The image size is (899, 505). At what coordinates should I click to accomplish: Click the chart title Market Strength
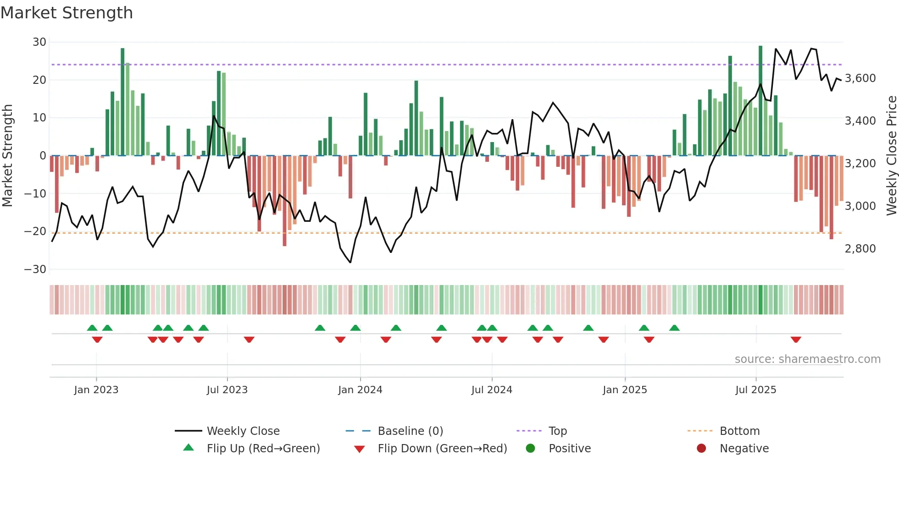coord(67,13)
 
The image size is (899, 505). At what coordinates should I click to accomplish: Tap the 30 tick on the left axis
coord(39,42)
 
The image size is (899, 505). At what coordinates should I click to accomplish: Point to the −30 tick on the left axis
coord(35,269)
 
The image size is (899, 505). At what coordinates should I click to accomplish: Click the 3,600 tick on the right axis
coord(860,78)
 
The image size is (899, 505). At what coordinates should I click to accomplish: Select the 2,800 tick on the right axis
coord(860,249)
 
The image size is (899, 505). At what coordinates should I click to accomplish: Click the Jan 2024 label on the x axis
coord(360,390)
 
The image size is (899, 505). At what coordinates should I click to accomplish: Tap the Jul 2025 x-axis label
coord(755,390)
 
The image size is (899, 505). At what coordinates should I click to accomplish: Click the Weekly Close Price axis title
coord(891,156)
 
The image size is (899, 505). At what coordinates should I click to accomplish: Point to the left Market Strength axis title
coord(7,156)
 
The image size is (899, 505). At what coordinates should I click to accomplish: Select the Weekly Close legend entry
coord(243,431)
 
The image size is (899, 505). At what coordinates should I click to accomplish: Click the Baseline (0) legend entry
coord(410,431)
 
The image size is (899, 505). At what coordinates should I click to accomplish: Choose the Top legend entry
coord(557,431)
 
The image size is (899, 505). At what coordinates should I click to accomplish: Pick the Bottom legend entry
coord(739,431)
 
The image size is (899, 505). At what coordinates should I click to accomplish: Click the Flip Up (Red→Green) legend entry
coord(263,449)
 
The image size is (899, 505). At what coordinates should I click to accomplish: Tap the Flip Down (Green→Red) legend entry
coord(442,449)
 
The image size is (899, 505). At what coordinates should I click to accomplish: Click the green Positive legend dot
coord(531,449)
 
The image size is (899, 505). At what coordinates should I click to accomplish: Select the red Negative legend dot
coord(701,449)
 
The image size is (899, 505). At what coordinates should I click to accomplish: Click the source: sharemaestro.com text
coord(807,359)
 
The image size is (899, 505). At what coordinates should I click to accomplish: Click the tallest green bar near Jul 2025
coord(760,101)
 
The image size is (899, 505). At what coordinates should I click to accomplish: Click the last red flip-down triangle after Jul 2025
coord(796,340)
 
